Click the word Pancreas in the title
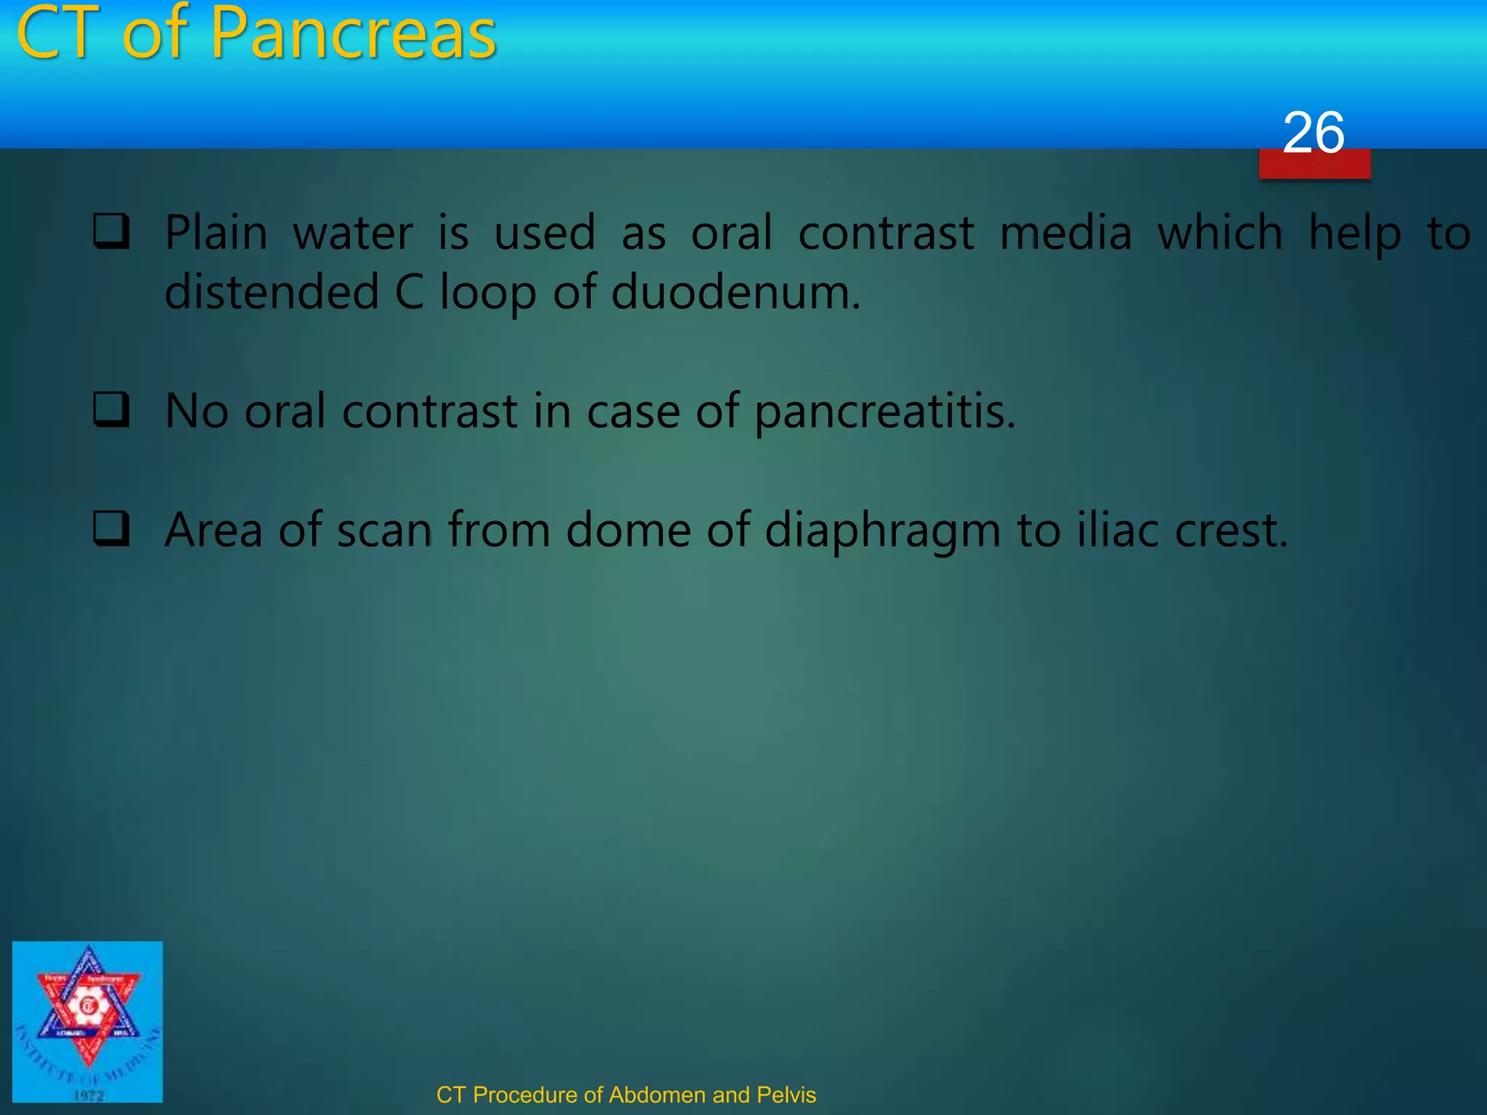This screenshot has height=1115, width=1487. pyautogui.click(x=353, y=35)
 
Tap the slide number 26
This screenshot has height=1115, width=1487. pyautogui.click(x=1313, y=133)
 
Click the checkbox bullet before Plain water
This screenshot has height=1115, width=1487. pyautogui.click(x=112, y=232)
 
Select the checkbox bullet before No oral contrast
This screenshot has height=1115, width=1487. pyautogui.click(x=112, y=409)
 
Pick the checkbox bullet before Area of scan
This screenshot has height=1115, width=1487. pyautogui.click(x=112, y=528)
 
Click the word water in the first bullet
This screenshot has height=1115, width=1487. pyautogui.click(x=352, y=233)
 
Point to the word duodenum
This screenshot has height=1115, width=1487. pyautogui.click(x=735, y=293)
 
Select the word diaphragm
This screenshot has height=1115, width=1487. pyautogui.click(x=882, y=531)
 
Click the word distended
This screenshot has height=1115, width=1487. pyautogui.click(x=272, y=293)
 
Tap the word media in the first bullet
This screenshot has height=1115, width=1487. pyautogui.click(x=1065, y=233)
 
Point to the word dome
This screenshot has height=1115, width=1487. pyautogui.click(x=628, y=530)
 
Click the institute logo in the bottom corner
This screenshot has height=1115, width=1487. pyautogui.click(x=88, y=1021)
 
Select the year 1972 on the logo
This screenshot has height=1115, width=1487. pyautogui.click(x=89, y=1095)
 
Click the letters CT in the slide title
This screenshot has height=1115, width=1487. pyautogui.click(x=58, y=35)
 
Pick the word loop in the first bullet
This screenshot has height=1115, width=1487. pyautogui.click(x=488, y=293)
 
